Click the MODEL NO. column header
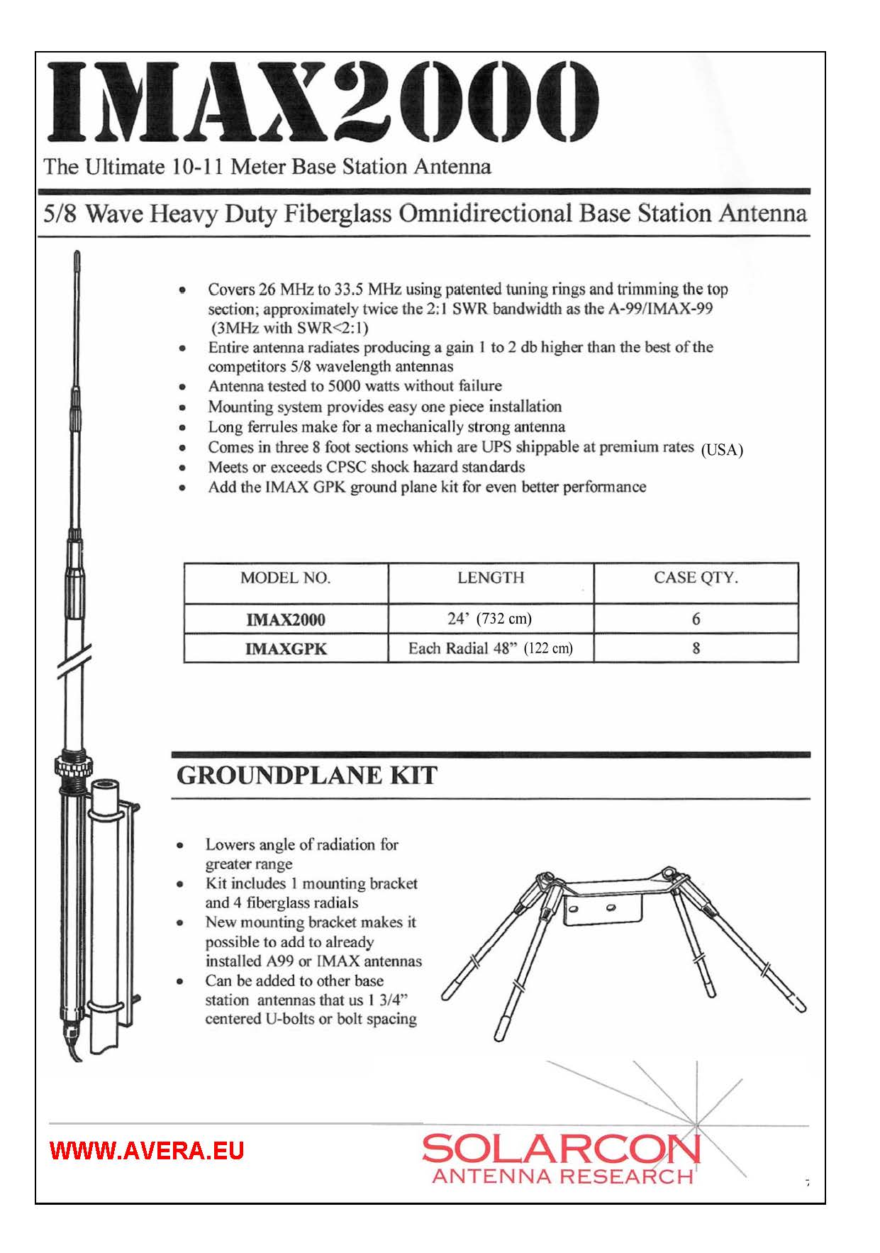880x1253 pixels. click(285, 578)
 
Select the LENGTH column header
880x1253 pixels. click(491, 578)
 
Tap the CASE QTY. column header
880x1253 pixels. click(696, 578)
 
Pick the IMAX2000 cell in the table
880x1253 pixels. click(285, 619)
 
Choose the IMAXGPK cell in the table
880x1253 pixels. click(285, 648)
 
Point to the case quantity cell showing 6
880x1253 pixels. click(696, 619)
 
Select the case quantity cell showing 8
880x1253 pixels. click(696, 648)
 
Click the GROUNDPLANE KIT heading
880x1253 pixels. click(306, 775)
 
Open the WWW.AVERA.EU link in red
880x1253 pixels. click(147, 1150)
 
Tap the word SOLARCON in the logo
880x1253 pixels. click(561, 1148)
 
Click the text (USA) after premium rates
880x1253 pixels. click(721, 450)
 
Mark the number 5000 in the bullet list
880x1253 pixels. click(344, 386)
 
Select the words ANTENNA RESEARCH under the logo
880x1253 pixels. click(562, 1176)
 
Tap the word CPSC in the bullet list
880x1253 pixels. click(346, 467)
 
